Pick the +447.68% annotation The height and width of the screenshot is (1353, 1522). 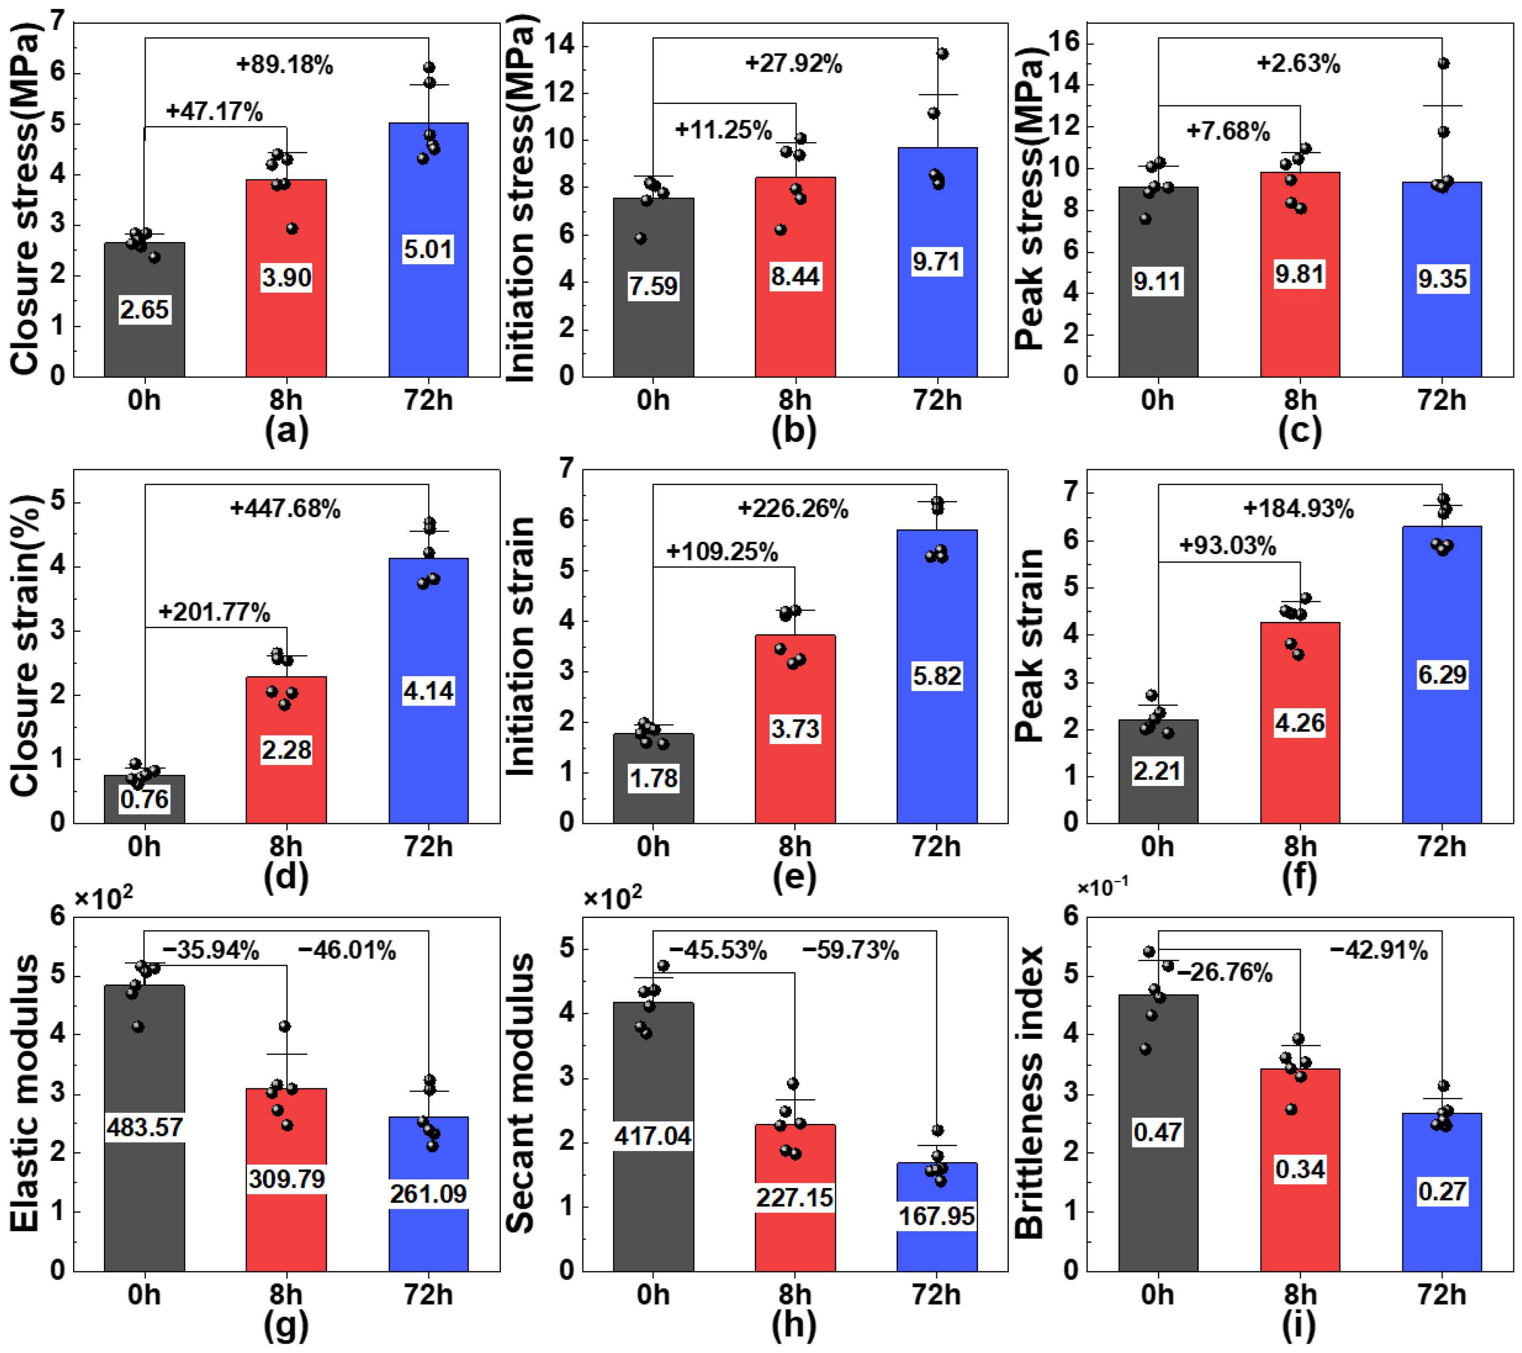(285, 509)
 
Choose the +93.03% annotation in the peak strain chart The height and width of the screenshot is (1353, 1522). (1227, 546)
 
